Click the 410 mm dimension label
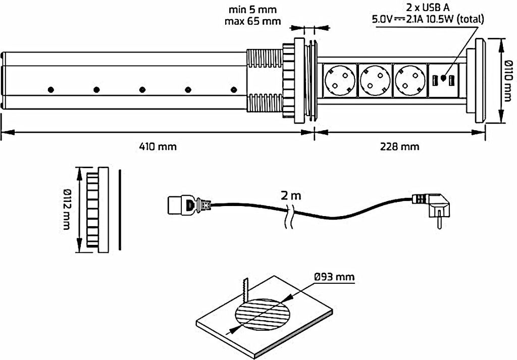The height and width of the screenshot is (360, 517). (x=158, y=146)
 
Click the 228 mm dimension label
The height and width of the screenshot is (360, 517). (x=400, y=146)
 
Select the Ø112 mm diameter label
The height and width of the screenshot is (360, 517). (x=66, y=210)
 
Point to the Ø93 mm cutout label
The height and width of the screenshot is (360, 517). (x=334, y=277)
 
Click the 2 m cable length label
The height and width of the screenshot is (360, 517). (x=291, y=196)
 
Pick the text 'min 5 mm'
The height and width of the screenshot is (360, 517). (x=253, y=10)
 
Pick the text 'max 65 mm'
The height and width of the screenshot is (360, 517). (x=253, y=21)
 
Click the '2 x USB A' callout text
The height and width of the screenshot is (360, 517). (x=428, y=7)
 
